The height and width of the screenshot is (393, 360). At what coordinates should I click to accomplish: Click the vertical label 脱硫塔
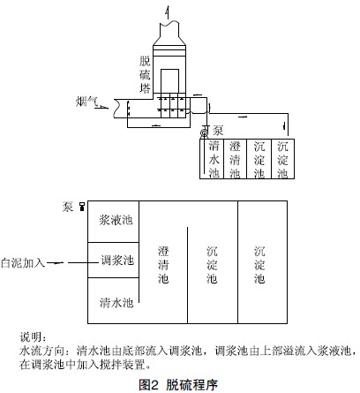(145, 74)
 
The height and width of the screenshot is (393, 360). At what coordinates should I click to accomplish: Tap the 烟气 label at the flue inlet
(86, 102)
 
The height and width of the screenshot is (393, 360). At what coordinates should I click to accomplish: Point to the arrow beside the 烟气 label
(101, 108)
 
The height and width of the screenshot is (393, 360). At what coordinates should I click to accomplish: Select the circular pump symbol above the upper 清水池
(204, 133)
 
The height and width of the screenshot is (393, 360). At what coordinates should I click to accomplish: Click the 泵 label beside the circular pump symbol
(218, 131)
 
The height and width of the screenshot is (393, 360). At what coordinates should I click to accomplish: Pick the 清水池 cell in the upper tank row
(212, 159)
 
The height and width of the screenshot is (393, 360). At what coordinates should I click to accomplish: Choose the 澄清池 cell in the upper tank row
(236, 159)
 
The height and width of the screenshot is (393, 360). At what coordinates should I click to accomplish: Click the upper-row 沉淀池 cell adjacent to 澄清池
(259, 159)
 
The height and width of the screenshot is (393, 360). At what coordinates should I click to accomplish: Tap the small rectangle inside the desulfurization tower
(169, 81)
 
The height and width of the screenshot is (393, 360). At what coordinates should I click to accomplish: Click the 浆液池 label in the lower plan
(116, 220)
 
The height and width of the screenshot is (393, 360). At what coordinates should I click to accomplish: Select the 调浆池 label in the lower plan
(117, 261)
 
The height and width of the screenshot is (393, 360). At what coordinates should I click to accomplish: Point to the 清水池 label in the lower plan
(116, 302)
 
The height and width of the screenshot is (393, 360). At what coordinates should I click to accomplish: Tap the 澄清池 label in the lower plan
(163, 265)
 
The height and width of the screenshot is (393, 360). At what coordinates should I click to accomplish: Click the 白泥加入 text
(23, 262)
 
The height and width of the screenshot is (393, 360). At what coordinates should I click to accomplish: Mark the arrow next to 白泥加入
(56, 262)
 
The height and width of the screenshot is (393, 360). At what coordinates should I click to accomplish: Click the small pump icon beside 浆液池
(82, 207)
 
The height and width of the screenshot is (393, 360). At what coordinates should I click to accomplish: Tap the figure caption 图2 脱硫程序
(178, 384)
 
